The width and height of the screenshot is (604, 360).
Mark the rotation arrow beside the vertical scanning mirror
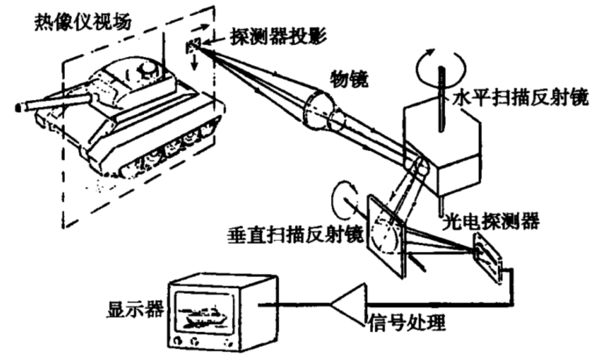coord(341,195)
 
